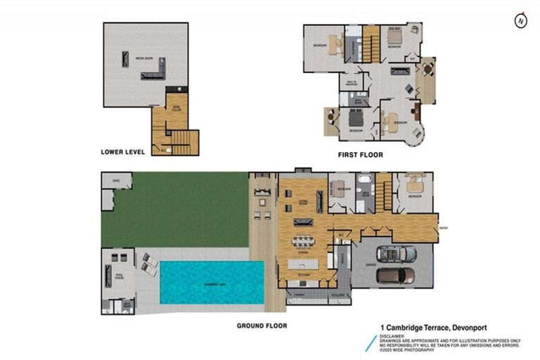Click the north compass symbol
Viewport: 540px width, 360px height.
click(x=520, y=20)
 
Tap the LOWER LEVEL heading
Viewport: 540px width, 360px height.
click(x=123, y=151)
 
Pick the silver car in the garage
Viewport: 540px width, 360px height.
click(x=396, y=253)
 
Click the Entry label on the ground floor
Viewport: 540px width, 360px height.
click(x=442, y=228)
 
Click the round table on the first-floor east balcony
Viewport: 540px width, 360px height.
click(x=427, y=68)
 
